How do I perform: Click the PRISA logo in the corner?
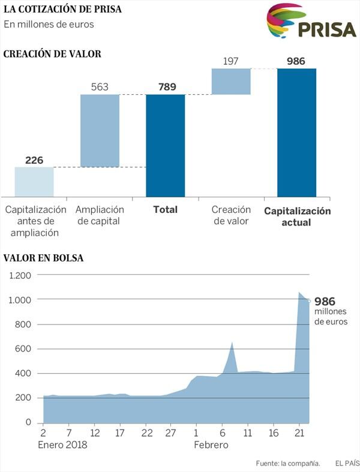point(311,21)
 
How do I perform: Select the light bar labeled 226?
point(34,182)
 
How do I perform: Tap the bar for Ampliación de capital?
point(100,131)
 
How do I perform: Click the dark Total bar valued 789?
point(166,146)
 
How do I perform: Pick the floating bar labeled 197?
point(231,82)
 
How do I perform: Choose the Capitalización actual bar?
point(297,133)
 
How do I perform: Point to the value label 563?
point(100,87)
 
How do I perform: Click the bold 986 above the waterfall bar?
point(296,61)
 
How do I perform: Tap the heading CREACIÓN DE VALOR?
point(52,54)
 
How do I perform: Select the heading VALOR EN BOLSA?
point(43,258)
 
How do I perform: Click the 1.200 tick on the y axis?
point(20,275)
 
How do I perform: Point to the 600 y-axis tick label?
point(23,349)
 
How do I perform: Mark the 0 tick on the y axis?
point(28,422)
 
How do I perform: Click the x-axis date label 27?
point(170,433)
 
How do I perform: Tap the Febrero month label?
point(211,444)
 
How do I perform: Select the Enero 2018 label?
point(62,444)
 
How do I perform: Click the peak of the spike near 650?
point(232,342)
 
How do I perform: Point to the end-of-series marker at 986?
point(309,301)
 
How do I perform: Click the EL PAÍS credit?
point(347,463)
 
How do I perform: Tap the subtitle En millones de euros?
point(49,25)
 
